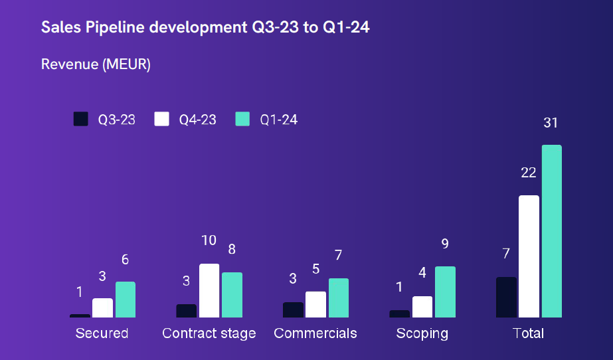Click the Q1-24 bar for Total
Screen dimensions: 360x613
point(551,231)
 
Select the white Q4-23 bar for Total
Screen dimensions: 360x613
point(529,256)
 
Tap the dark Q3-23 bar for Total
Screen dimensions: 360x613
point(506,297)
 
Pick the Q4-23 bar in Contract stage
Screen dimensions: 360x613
point(209,290)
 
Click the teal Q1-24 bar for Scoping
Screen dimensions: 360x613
point(445,292)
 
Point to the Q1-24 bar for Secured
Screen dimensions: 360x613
point(126,300)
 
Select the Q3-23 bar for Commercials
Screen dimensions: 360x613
point(293,310)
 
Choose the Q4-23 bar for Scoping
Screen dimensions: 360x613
point(422,306)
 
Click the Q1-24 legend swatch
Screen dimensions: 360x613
point(243,120)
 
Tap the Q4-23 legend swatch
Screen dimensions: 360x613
point(161,120)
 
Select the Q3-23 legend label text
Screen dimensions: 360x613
point(117,120)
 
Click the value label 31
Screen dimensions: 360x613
point(551,123)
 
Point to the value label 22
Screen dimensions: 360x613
point(528,173)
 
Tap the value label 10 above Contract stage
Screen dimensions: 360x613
point(209,240)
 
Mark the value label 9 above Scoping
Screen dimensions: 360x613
point(445,244)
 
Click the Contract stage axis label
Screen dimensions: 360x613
point(209,333)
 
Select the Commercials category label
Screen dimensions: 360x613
point(315,333)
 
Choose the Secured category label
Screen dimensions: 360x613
point(102,333)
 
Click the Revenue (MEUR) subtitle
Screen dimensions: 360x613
point(96,64)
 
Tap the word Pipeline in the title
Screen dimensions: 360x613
point(116,27)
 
